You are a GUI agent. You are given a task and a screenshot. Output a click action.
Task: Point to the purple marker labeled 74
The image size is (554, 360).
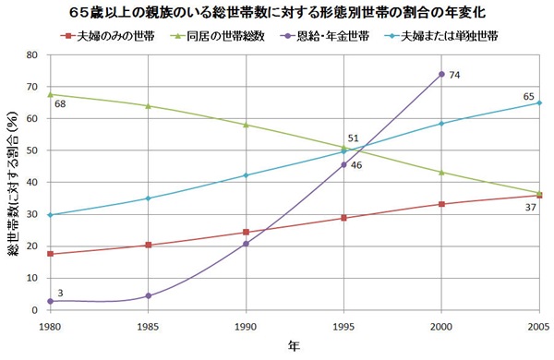point(442,74)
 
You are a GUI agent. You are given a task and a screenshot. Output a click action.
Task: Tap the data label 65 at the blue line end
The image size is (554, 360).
point(529,96)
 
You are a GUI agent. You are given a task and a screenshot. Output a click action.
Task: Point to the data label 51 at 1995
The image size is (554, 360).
point(353,138)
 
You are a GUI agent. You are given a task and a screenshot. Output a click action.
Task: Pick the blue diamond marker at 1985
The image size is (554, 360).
point(147,198)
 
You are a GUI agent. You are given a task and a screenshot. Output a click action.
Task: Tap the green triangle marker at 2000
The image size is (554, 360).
point(442,173)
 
